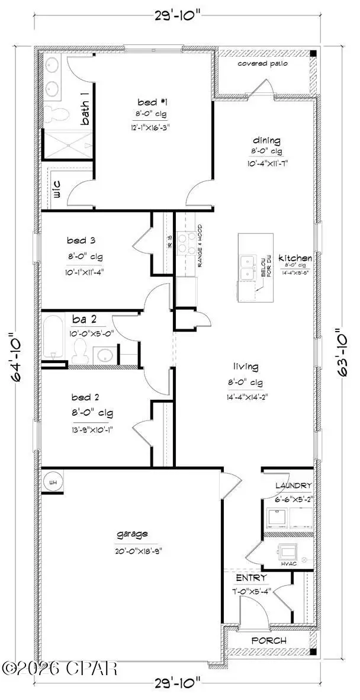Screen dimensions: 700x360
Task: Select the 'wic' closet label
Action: (x=57, y=190)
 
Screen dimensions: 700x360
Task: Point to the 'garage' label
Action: (x=132, y=534)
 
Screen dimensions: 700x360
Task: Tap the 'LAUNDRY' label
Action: (x=293, y=486)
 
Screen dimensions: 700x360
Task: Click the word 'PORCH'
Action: (x=269, y=640)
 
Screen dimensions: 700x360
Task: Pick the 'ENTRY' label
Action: (x=251, y=577)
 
